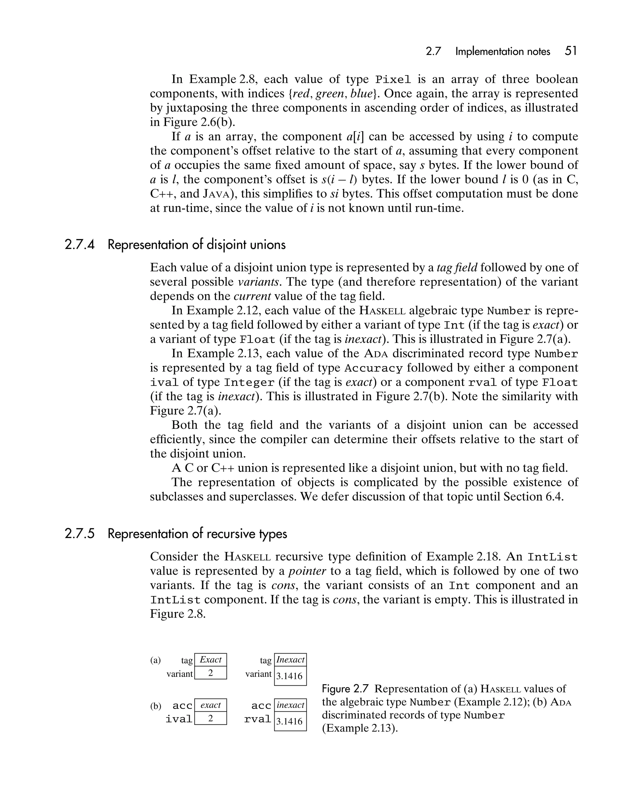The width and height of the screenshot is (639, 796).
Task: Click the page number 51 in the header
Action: [570, 51]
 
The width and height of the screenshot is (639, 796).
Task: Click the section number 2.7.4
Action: [79, 245]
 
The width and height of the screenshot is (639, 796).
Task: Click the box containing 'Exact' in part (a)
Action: [210, 660]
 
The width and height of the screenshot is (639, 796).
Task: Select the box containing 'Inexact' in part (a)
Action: [290, 660]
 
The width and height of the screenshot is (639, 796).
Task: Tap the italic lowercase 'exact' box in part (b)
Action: [210, 705]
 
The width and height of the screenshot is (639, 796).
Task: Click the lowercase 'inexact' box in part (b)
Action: [290, 705]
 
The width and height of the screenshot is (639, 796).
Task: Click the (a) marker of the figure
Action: [155, 660]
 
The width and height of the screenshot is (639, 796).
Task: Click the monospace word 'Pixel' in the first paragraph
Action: [393, 80]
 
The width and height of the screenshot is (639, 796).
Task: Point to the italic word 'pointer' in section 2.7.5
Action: [307, 571]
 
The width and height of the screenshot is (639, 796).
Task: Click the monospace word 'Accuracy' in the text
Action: [373, 368]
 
